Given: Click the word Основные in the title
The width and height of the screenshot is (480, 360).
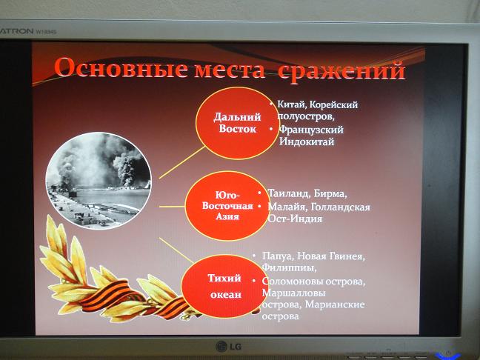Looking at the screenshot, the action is (121, 68).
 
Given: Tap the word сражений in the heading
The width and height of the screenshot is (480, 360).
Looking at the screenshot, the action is (341, 71).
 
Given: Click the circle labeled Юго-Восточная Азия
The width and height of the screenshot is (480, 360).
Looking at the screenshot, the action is (227, 206).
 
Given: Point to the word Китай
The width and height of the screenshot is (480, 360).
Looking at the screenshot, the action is (291, 104).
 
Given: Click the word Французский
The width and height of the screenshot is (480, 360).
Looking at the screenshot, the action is (311, 130).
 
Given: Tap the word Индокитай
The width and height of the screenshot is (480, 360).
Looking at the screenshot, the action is (307, 141).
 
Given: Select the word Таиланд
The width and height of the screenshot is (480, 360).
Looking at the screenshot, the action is (290, 193).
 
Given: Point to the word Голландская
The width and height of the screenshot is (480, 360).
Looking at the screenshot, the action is (341, 207).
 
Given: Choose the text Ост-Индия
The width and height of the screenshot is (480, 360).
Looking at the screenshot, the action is (295, 219).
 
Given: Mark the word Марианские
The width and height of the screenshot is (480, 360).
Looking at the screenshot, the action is (335, 304).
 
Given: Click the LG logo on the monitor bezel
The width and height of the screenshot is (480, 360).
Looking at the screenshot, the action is (228, 346).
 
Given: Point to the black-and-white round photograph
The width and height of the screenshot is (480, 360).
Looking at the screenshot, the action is (99, 180).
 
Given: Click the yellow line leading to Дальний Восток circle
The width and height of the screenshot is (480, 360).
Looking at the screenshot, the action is (181, 162).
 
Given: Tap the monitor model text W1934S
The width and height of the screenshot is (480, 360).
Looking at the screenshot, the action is (46, 31).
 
